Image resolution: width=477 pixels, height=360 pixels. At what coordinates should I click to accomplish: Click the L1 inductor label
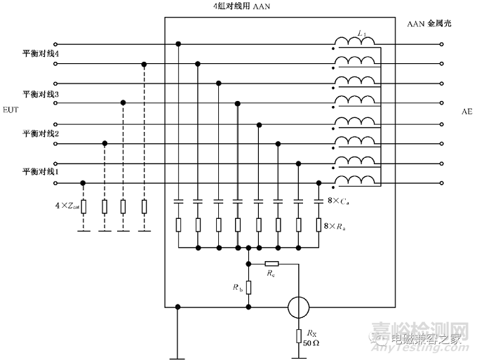click(362, 33)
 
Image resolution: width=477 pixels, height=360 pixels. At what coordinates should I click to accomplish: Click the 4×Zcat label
click(67, 206)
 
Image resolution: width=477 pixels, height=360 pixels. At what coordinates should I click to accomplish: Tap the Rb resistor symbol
click(249, 288)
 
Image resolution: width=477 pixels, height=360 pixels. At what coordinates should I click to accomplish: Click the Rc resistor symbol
click(273, 264)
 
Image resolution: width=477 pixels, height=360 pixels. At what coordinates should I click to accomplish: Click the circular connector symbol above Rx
click(300, 306)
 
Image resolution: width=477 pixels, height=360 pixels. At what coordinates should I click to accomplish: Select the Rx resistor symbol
click(300, 335)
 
